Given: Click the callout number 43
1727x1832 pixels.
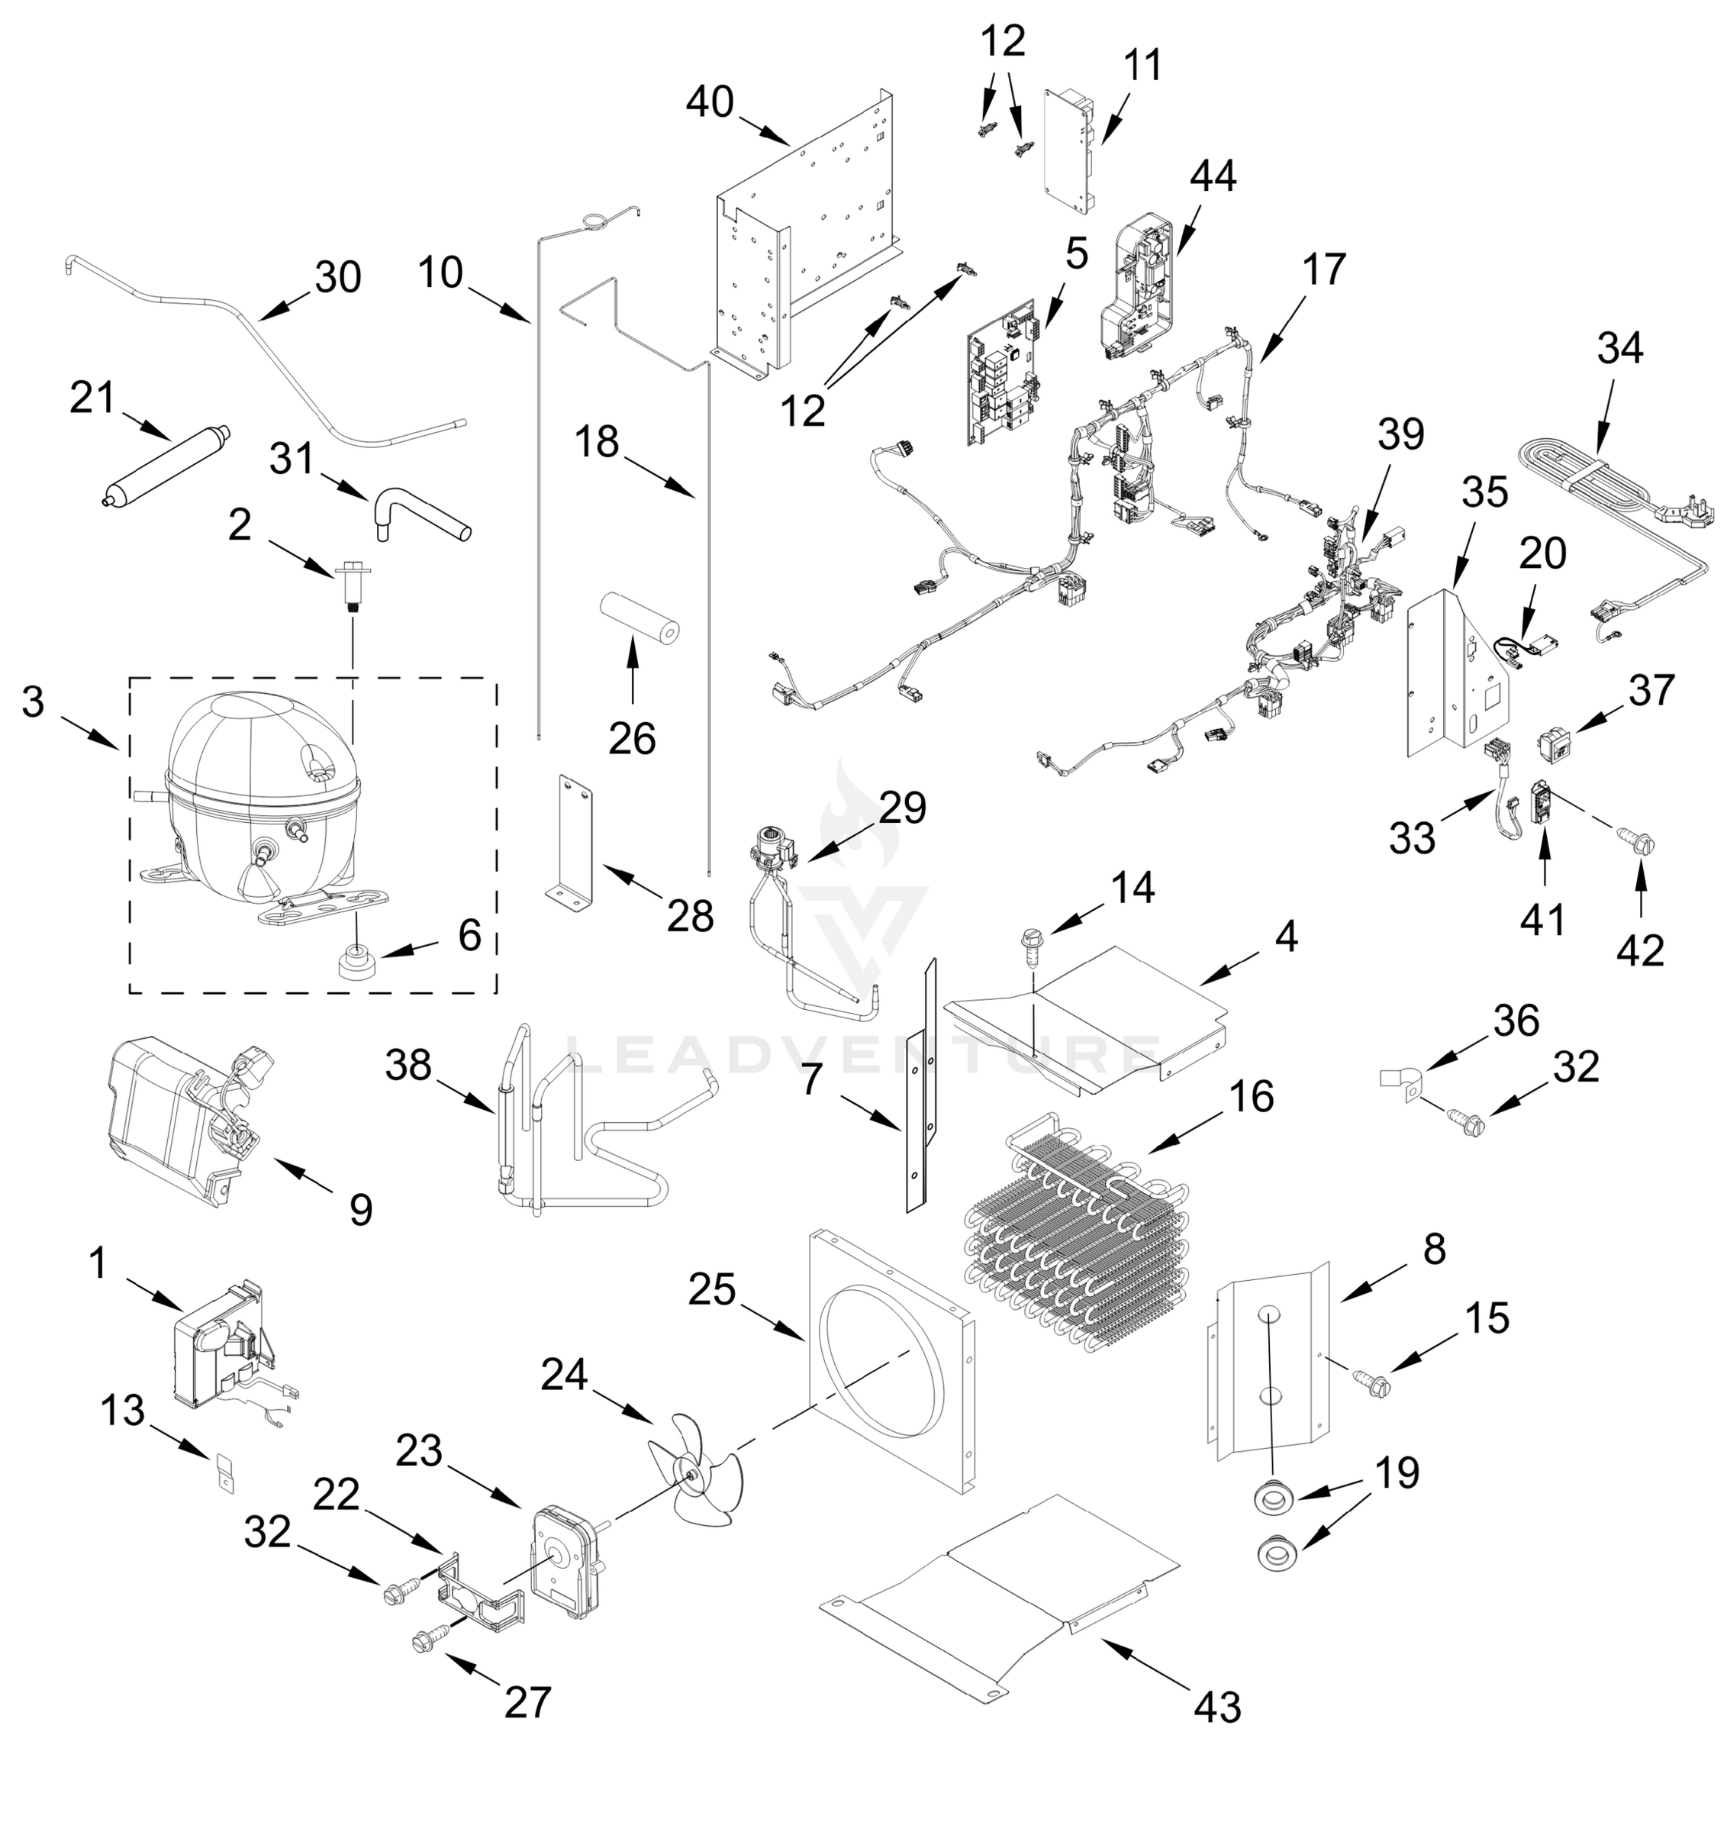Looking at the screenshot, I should (1218, 1707).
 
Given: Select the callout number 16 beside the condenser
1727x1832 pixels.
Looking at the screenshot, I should (1251, 1095).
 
